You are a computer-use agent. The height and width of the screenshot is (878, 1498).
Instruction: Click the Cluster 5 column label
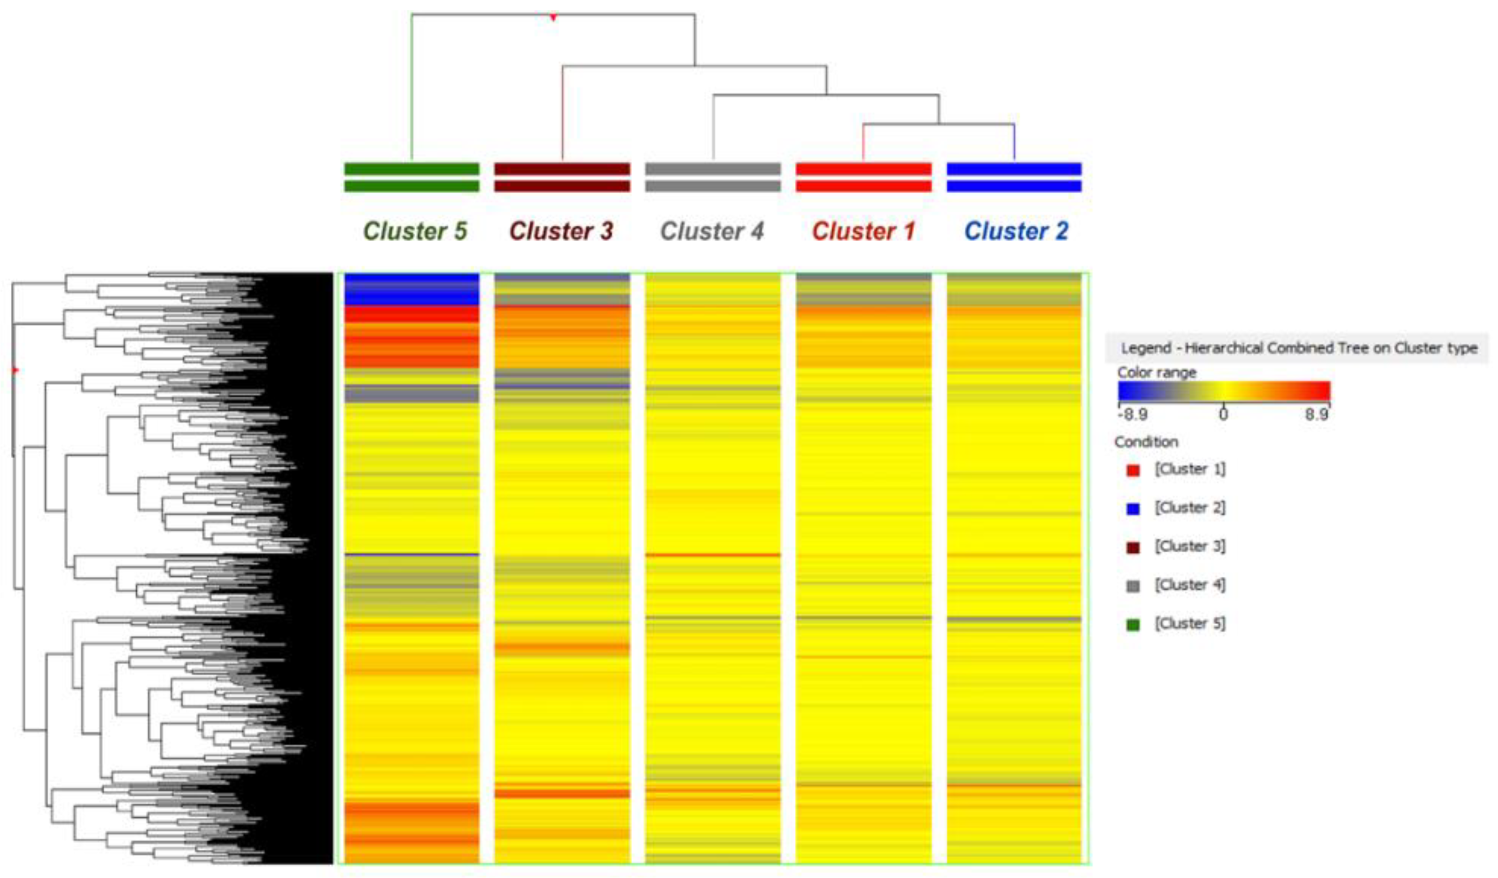(x=415, y=231)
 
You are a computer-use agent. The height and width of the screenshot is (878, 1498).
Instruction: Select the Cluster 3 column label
(x=561, y=231)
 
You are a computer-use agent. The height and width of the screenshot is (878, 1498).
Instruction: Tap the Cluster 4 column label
(x=712, y=231)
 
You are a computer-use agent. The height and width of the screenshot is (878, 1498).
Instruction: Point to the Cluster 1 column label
(x=863, y=231)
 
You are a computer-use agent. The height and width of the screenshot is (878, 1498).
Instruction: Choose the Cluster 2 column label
(x=1016, y=231)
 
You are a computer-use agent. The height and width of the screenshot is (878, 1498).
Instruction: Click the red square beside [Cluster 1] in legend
(x=1133, y=470)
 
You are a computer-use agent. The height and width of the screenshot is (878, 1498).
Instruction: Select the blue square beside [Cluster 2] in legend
(x=1133, y=509)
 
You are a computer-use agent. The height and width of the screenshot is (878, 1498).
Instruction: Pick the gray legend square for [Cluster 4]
(x=1133, y=587)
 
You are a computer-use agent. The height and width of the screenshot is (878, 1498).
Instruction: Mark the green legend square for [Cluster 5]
(x=1133, y=625)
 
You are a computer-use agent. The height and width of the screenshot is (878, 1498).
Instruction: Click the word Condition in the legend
(x=1146, y=442)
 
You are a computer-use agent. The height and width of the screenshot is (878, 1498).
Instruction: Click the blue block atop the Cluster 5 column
(x=411, y=289)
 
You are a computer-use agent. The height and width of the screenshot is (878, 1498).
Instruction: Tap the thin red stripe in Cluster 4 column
(x=712, y=555)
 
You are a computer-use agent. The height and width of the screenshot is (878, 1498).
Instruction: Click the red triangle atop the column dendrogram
(x=553, y=18)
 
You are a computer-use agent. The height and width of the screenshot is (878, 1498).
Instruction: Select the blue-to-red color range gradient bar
(x=1223, y=391)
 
